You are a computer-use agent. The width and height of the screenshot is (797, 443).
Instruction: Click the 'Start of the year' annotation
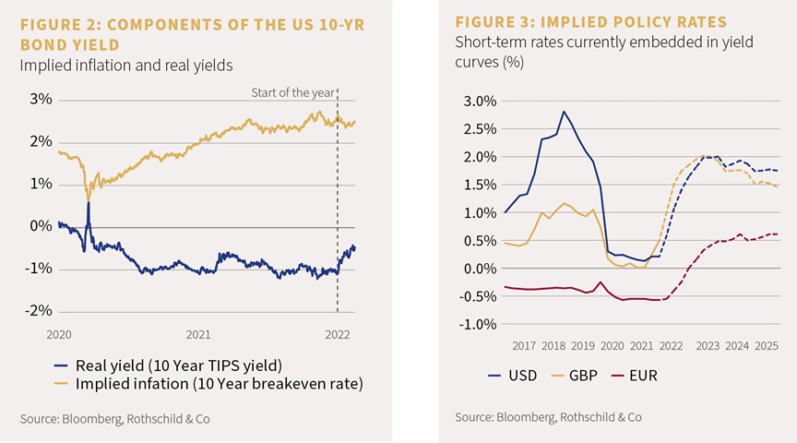pyautogui.click(x=292, y=92)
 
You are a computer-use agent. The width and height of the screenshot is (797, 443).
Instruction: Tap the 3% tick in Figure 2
pyautogui.click(x=42, y=99)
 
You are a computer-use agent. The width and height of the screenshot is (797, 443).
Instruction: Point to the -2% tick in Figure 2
pyautogui.click(x=39, y=311)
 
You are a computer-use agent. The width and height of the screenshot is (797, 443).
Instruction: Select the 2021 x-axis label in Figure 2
pyautogui.click(x=198, y=335)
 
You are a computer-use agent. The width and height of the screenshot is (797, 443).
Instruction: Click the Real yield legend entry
pyautogui.click(x=168, y=365)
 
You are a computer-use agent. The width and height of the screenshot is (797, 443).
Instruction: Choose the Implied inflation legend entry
pyautogui.click(x=208, y=384)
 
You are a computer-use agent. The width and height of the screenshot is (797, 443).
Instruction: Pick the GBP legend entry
pyautogui.click(x=574, y=376)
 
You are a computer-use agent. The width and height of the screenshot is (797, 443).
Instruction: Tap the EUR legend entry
pyautogui.click(x=635, y=376)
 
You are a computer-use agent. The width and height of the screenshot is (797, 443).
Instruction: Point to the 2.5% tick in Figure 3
pyautogui.click(x=480, y=129)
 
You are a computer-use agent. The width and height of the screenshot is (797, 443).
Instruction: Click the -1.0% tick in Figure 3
pyautogui.click(x=477, y=324)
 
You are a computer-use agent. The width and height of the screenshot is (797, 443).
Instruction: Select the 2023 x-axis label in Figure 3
pyautogui.click(x=708, y=346)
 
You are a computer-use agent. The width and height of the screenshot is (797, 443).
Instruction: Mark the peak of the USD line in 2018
pyautogui.click(x=564, y=112)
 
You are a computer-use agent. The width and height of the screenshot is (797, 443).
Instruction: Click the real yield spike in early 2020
pyautogui.click(x=89, y=203)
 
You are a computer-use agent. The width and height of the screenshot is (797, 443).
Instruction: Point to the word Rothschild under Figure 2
pyautogui.click(x=153, y=419)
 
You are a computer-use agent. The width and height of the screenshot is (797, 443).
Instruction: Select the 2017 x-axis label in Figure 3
pyautogui.click(x=524, y=346)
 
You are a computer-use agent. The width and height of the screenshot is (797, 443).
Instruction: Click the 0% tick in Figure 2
pyautogui.click(x=42, y=226)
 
